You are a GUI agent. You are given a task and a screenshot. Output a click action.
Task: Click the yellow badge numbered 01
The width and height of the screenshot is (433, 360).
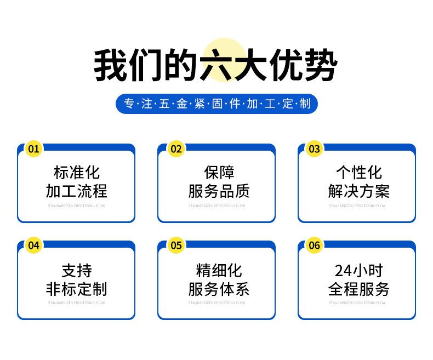click(x=34, y=148)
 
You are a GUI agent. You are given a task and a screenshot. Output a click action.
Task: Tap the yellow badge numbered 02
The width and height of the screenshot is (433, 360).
click(x=176, y=148)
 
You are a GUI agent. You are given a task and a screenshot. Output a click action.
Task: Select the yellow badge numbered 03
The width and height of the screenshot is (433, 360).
click(x=314, y=148)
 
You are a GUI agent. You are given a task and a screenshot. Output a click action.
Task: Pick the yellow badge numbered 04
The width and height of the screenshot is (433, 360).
click(x=34, y=245)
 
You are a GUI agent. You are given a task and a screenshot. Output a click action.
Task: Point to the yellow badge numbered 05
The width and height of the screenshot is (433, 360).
click(x=176, y=245)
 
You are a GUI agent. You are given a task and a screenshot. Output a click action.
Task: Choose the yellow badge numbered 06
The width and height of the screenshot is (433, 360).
click(x=314, y=245)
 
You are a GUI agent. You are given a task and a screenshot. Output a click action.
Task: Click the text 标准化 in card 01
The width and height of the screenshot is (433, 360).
click(x=76, y=173)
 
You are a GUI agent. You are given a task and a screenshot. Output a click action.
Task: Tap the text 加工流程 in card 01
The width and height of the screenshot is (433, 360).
click(x=76, y=191)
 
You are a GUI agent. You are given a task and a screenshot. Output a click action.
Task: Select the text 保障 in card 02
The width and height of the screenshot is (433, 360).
click(x=219, y=173)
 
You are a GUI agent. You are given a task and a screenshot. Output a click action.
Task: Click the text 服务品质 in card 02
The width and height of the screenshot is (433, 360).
click(x=219, y=191)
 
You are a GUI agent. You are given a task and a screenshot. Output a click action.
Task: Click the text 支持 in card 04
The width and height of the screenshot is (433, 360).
click(x=76, y=270)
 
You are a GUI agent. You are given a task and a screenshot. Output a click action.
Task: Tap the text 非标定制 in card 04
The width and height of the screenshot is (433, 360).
click(x=76, y=289)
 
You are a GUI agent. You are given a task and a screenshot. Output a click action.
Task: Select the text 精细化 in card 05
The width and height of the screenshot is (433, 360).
click(x=219, y=270)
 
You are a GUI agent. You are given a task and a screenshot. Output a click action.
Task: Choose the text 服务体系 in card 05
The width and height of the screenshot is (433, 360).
click(x=219, y=289)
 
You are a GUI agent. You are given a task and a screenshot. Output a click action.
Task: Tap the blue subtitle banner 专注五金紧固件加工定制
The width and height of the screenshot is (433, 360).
click(x=216, y=104)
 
